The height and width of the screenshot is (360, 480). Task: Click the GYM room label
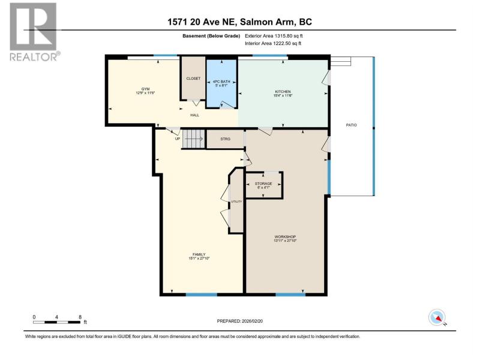145,89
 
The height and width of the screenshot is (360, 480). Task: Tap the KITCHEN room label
283,92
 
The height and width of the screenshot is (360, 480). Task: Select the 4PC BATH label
221,82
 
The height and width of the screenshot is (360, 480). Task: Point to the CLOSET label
193,79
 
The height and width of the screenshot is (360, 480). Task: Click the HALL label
194,115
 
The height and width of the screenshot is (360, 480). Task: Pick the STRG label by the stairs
226,139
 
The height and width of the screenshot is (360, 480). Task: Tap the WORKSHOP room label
285,236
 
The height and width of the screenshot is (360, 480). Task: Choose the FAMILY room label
199,254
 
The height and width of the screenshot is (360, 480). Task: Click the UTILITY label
236,202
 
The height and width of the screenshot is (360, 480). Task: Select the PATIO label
352,125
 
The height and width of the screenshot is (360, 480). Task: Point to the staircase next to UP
193,139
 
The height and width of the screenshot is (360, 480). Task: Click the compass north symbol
437,317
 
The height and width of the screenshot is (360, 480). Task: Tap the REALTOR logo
34,32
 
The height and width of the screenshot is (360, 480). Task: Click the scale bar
57,322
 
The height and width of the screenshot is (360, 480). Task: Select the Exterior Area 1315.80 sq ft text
274,36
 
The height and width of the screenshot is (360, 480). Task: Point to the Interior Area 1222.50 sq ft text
273,43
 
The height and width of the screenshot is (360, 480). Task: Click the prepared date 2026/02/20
252,321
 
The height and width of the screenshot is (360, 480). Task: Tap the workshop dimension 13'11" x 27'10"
285,241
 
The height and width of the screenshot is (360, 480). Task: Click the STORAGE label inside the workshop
263,184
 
